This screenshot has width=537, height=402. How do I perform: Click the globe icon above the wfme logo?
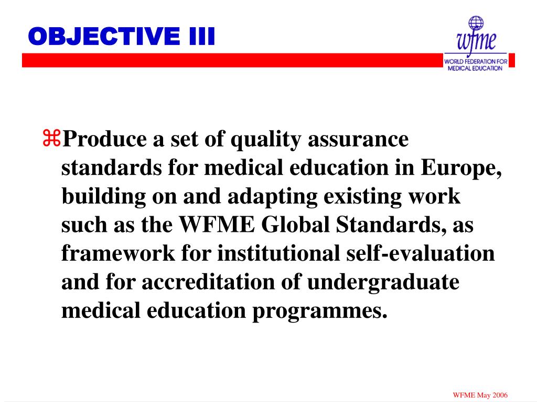point(476,23)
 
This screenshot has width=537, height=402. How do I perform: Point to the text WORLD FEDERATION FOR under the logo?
point(476,62)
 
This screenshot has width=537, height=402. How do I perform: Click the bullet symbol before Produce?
point(52,140)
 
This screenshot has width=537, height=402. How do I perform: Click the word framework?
point(118,254)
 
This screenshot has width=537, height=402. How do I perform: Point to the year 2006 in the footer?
point(499,394)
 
